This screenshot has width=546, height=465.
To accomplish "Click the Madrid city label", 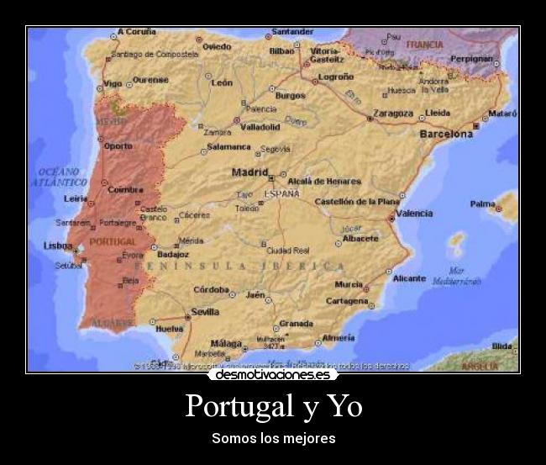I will [x=249, y=172].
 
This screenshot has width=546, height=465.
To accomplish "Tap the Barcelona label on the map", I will [x=446, y=134].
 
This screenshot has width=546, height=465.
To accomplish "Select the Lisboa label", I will [x=58, y=246].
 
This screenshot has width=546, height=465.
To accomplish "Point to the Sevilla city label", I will [x=205, y=311].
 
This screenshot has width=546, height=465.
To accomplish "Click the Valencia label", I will [x=415, y=214].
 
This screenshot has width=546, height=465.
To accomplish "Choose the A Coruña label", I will [x=137, y=32].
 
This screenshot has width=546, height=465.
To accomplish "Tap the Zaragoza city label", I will [x=393, y=113].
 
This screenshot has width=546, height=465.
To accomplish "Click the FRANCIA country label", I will [x=424, y=44].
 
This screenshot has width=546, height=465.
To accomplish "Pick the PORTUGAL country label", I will [x=112, y=241].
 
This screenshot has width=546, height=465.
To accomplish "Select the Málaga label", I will [x=226, y=343].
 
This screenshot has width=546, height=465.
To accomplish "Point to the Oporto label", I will [x=118, y=145].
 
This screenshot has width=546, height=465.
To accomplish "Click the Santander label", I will [x=293, y=32].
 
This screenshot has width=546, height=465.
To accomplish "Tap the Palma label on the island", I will [x=482, y=203].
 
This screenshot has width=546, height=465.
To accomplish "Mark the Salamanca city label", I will [x=229, y=146].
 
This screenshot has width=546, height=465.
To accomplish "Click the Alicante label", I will [x=409, y=278].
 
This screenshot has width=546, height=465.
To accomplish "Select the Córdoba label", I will [x=211, y=289].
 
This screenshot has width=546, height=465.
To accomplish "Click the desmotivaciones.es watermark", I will [x=273, y=375].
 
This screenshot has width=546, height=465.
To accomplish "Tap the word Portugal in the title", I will [x=235, y=406].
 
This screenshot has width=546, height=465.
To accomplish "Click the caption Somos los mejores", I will [x=273, y=438].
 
